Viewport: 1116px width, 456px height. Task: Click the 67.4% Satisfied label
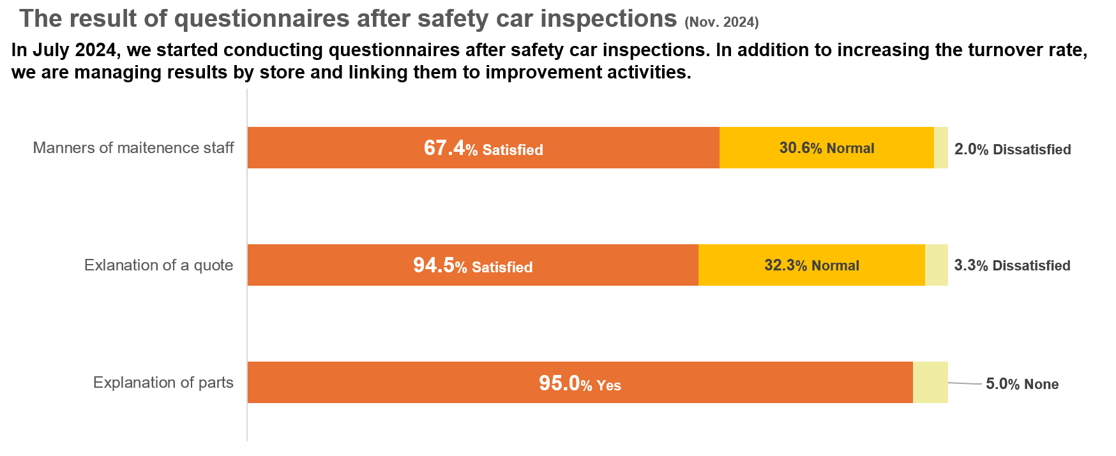[x=483, y=149]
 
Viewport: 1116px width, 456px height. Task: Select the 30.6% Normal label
[x=826, y=148]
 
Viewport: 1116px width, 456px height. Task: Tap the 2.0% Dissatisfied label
[x=1012, y=149]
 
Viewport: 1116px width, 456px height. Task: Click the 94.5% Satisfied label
[x=472, y=266]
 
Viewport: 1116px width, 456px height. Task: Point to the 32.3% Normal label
[x=811, y=265]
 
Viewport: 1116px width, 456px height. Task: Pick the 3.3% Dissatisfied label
[x=1012, y=265]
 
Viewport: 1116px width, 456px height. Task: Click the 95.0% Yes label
[x=580, y=384]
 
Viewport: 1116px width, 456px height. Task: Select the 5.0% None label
[x=1022, y=384]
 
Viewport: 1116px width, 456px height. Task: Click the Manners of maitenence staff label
[x=133, y=148]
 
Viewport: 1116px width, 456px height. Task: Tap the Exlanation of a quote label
[x=158, y=265]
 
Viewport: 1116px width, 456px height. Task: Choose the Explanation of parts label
[x=163, y=383]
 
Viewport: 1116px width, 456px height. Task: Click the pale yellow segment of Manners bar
[x=940, y=148]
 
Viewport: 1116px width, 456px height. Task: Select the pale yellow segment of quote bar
[x=936, y=265]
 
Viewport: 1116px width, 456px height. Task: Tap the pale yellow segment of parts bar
[x=930, y=383]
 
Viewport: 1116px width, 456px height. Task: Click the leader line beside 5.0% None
[x=965, y=383]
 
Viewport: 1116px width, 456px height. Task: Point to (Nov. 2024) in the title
[x=721, y=22]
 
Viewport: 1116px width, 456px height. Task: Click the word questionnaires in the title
[x=261, y=19]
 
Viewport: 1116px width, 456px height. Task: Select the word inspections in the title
[x=608, y=19]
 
